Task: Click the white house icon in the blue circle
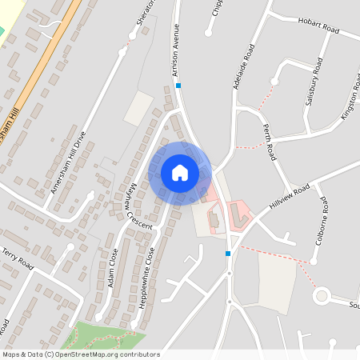(x=180, y=172)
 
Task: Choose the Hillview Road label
(x=290, y=197)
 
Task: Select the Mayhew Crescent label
(x=137, y=206)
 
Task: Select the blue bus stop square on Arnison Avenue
(x=179, y=86)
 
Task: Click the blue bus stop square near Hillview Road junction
(x=228, y=254)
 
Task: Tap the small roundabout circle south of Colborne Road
(x=322, y=297)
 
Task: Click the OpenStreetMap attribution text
(x=80, y=354)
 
